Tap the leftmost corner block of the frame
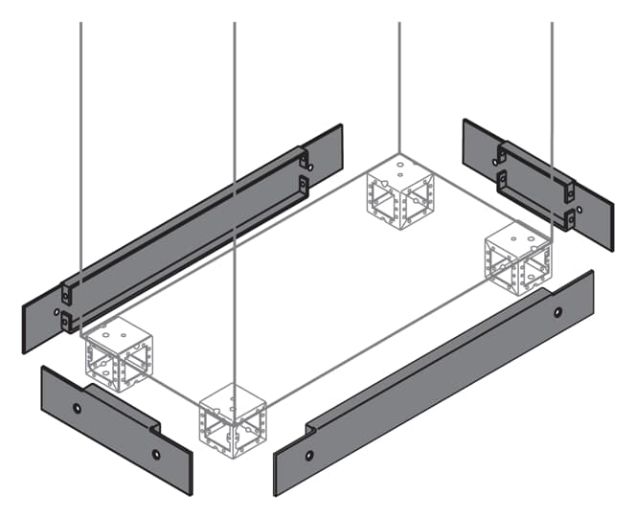click(x=118, y=354)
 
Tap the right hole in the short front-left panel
click(x=156, y=455)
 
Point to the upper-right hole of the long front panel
click(x=558, y=310)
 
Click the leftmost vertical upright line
click(x=81, y=144)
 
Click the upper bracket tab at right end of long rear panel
click(x=304, y=157)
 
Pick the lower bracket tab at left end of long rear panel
click(x=67, y=323)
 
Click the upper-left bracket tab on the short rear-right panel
click(x=500, y=152)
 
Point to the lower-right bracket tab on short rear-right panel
click(x=570, y=219)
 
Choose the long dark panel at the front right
click(x=431, y=383)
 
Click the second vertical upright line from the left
click(x=235, y=144)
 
